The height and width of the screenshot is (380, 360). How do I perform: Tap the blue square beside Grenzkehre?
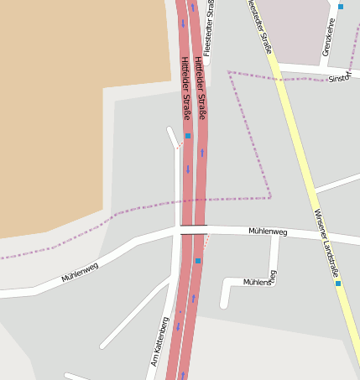pos(341,7)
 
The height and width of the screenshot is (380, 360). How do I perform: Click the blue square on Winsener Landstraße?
pos(338,284)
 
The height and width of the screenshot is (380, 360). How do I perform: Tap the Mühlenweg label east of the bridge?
pos(268,232)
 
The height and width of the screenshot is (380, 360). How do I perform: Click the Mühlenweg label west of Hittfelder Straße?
pos(80,272)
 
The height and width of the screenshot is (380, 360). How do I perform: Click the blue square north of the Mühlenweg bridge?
pos(188,136)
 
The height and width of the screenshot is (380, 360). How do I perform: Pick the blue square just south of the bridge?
pos(198,261)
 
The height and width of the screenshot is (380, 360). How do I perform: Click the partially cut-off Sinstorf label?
pos(339,78)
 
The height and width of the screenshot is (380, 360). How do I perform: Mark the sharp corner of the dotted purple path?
pos(270,197)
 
